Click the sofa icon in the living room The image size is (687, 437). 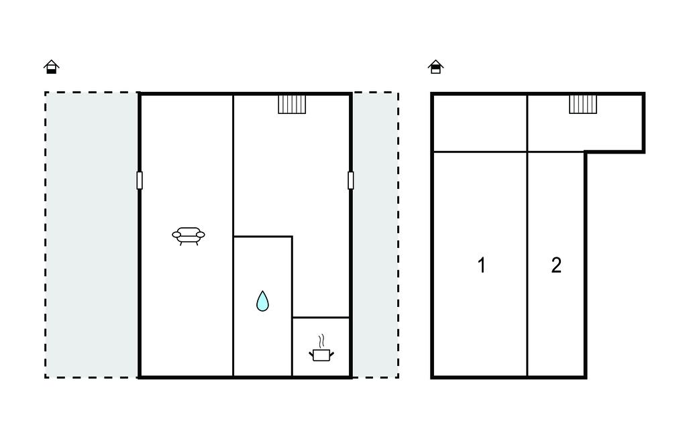[x=189, y=236]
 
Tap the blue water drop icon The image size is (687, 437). [x=262, y=301]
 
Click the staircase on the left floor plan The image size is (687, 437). [x=292, y=104]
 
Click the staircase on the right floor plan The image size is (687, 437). [x=583, y=104]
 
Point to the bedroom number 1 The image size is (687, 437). [x=482, y=265]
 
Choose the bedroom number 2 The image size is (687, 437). [x=556, y=265]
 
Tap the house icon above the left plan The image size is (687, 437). [x=51, y=66]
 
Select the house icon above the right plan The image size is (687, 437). [x=435, y=66]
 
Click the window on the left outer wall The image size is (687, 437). [x=140, y=180]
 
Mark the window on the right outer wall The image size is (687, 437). [x=350, y=180]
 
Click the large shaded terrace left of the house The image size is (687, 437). [x=92, y=235]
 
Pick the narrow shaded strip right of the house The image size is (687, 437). [x=376, y=235]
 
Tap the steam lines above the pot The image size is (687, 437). [x=321, y=341]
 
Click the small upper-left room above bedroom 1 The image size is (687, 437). [x=480, y=123]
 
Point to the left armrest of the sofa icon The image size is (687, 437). [x=176, y=235]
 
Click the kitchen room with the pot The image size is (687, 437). [x=321, y=347]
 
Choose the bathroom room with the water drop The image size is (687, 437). [x=262, y=306]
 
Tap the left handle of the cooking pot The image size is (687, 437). [x=311, y=353]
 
